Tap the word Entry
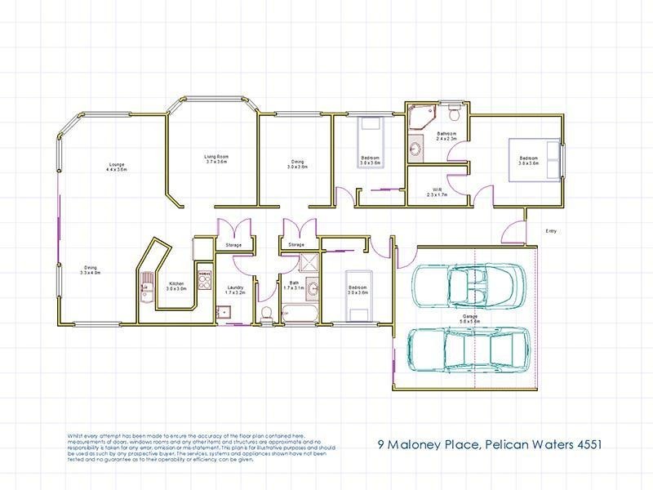551,231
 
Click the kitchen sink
145,287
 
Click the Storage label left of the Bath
233,245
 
